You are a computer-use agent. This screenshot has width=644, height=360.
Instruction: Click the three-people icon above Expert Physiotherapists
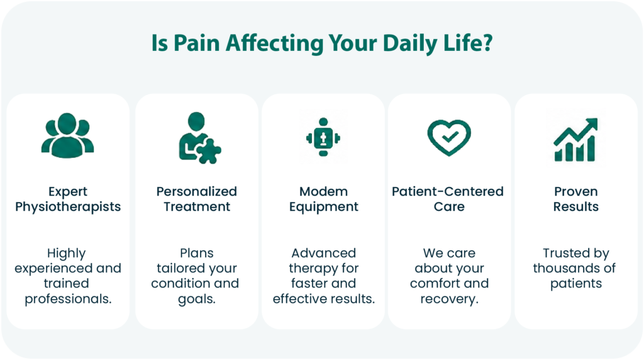(x=68, y=135)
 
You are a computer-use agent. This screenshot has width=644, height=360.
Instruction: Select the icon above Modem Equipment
(x=323, y=137)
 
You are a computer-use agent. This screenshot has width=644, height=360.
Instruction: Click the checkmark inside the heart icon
(x=450, y=136)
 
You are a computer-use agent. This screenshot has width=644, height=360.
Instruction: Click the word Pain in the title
(x=197, y=43)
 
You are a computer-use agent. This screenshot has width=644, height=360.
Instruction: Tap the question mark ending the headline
(x=487, y=43)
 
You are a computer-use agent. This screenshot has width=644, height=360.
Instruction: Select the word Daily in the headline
(x=409, y=43)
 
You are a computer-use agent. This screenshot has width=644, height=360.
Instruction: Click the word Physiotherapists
(x=68, y=206)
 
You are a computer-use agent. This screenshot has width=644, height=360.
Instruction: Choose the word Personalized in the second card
(x=197, y=191)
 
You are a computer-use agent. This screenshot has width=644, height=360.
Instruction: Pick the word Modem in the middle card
(x=324, y=191)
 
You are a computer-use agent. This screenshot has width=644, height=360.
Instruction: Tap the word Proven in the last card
(x=576, y=191)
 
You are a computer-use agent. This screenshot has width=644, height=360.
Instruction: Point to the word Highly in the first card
(x=67, y=254)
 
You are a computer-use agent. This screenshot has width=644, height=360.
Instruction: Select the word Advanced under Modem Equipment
(x=324, y=253)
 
